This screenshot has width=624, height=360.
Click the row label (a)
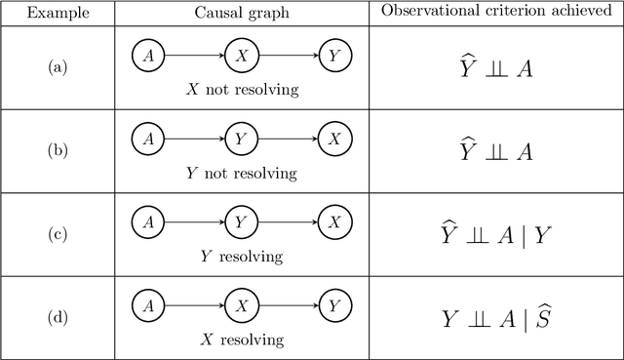[58, 67]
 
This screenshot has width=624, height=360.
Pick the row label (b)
[58, 151]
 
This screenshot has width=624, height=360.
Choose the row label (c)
[58, 234]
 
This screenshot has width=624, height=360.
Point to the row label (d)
[58, 317]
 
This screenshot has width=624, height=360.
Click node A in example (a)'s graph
[148, 56]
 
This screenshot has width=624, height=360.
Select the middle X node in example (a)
[241, 56]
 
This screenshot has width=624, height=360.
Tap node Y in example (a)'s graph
[333, 56]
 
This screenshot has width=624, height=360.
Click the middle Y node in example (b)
[241, 140]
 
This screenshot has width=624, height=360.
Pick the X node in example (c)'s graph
[333, 222]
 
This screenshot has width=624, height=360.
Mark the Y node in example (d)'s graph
[333, 306]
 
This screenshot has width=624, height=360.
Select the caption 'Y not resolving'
[241, 174]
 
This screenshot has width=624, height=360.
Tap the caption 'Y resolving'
[241, 257]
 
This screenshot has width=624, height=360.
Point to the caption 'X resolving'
[241, 340]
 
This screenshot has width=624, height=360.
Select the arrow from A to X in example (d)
[194, 306]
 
